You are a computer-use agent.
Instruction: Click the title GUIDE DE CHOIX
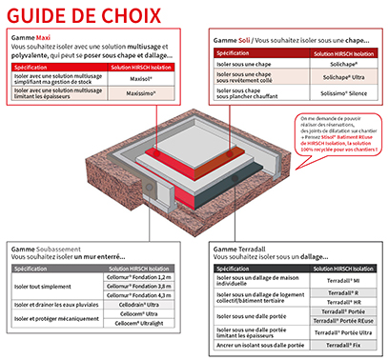coord(76,15)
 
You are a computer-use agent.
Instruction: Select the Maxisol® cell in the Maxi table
coord(144,81)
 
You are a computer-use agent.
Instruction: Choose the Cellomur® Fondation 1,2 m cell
coord(143,276)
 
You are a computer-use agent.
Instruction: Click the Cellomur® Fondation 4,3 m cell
coord(143,295)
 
